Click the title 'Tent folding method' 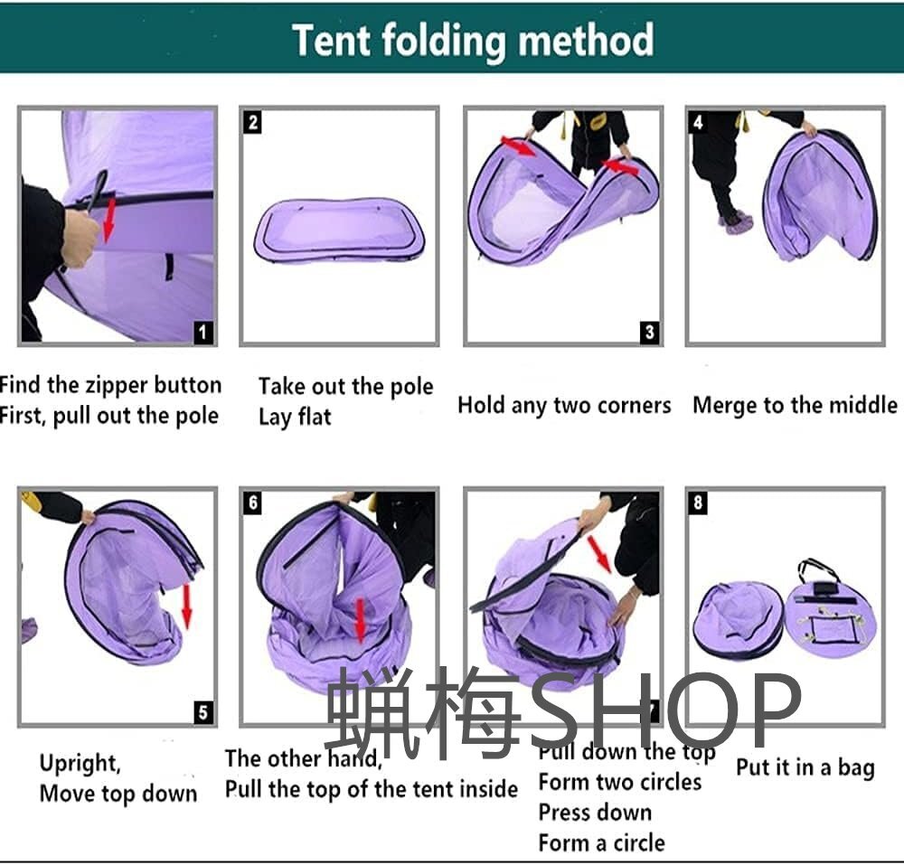click(x=473, y=41)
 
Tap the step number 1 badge click(x=202, y=332)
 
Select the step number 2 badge click(x=252, y=122)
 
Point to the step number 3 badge click(x=650, y=332)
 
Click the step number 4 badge click(x=698, y=122)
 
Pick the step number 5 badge click(x=202, y=712)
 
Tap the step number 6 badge click(x=252, y=503)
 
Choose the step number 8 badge click(x=698, y=503)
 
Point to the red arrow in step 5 click(x=186, y=606)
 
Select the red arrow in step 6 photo click(x=360, y=620)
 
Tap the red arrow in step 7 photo click(x=599, y=554)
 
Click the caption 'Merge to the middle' click(x=795, y=405)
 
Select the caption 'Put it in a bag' click(x=805, y=767)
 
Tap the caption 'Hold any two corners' click(x=564, y=405)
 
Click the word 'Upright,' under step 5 click(x=80, y=763)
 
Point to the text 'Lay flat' click(x=295, y=417)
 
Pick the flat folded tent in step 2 click(x=340, y=231)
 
